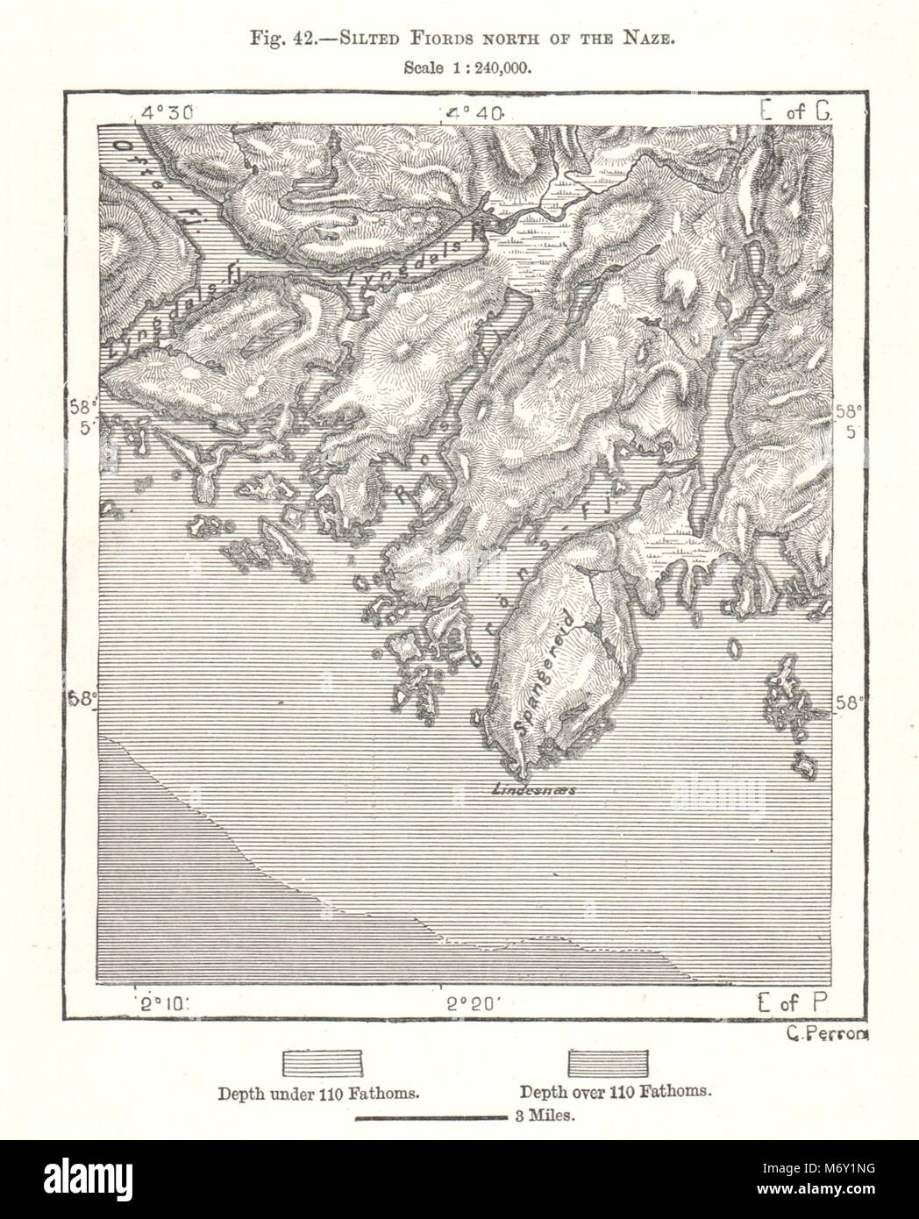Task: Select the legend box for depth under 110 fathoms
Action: (321, 1061)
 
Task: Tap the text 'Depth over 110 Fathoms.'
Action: (614, 1094)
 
